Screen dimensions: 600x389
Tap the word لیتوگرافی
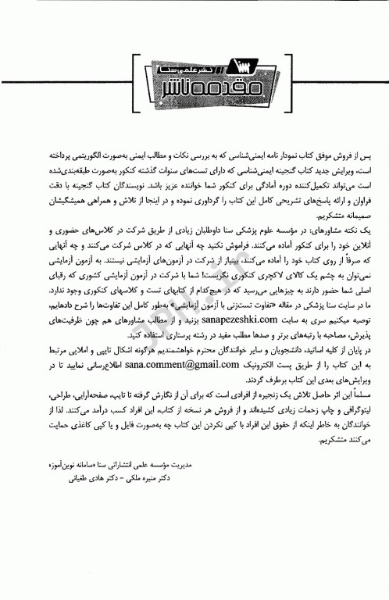tap(337, 410)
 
